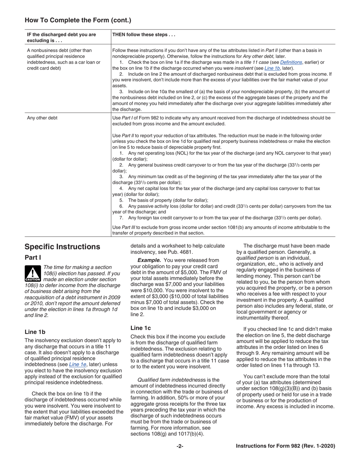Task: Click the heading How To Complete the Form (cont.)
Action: [x=78, y=20]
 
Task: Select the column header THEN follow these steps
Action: [x=144, y=34]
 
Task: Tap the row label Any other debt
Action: [x=42, y=118]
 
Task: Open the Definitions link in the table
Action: [x=291, y=62]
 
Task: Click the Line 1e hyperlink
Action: [x=77, y=364]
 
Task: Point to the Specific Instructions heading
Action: [x=62, y=247]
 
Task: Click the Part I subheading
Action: [x=33, y=258]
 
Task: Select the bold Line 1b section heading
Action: [x=35, y=332]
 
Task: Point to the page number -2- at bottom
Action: [x=180, y=446]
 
